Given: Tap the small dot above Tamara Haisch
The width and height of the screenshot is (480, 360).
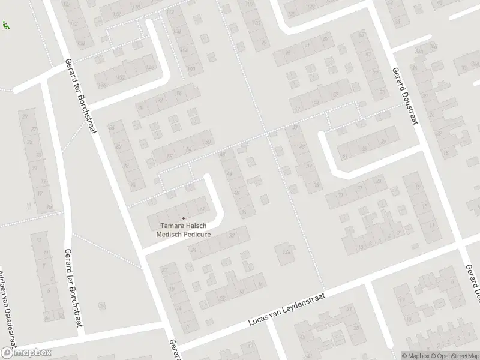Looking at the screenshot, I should point(183,218).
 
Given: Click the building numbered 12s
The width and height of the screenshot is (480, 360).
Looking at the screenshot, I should point(286,250).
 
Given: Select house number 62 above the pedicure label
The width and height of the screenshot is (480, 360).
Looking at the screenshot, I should point(203,209).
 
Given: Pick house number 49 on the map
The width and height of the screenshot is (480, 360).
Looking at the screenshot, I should point(298,109).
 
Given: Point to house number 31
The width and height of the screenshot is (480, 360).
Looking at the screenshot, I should point(340,194).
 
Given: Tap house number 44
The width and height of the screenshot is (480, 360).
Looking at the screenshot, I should point(229,173).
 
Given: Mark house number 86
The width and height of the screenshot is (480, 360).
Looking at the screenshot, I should point(140,109).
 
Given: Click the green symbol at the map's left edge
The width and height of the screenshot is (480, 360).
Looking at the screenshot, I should point(6,26).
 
